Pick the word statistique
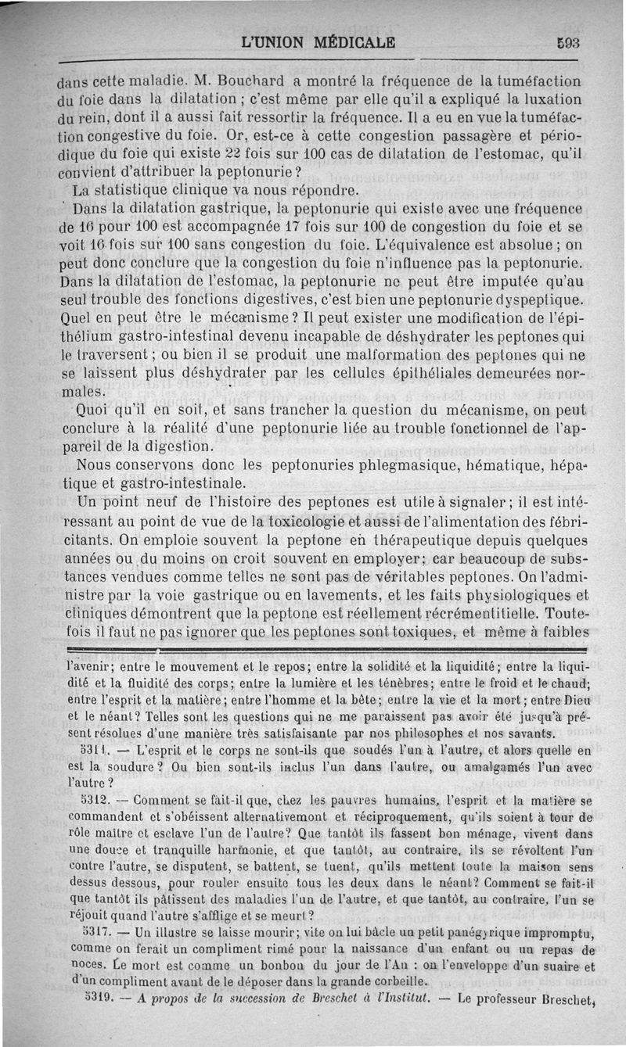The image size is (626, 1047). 141,190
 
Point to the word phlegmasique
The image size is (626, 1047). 368,464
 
